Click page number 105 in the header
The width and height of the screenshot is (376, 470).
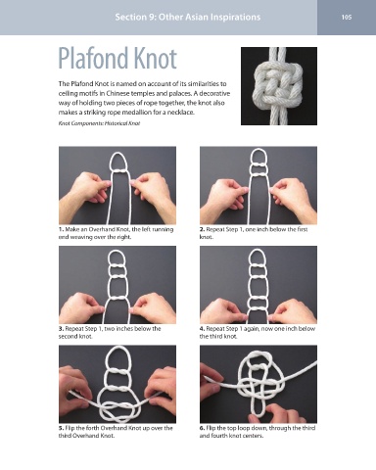coord(347,17)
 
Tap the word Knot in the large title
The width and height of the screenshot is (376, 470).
coord(155,58)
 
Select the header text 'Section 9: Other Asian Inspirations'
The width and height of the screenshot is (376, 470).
coord(188,17)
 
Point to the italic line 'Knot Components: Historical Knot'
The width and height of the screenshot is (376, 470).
coord(99,123)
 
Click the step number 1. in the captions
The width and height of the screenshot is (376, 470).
coord(61,229)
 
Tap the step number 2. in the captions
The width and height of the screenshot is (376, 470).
coord(202,229)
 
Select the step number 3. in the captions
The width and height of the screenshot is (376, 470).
coord(61,329)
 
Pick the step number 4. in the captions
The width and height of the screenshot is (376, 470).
coord(202,329)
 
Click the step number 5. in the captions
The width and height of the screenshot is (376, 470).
coord(61,428)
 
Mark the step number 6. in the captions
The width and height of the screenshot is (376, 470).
coord(202,428)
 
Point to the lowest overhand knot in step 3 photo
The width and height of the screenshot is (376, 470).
coord(118,299)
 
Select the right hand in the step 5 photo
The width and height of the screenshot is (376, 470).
coord(162,389)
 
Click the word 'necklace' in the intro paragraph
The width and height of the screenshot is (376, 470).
coord(182,113)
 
